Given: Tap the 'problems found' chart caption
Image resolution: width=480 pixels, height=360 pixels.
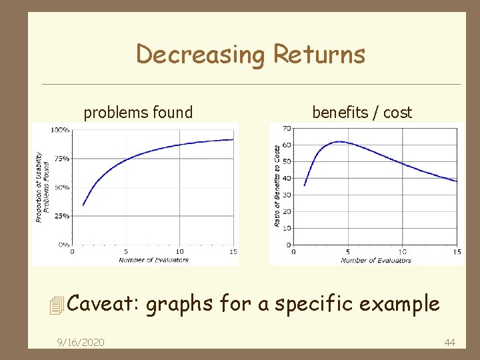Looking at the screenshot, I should tap(138, 113).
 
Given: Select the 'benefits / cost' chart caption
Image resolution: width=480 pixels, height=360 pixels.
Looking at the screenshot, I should tap(362, 113).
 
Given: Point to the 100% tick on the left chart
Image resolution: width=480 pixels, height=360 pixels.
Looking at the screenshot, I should tap(60, 130).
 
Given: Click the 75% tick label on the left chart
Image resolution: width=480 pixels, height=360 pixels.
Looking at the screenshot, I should tap(61, 159).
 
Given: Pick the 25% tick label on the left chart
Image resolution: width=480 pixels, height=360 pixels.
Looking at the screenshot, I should tap(61, 216).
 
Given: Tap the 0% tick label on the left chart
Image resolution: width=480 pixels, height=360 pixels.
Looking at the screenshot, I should tap(63, 245).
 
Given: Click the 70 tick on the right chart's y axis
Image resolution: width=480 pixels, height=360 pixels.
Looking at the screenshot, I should tap(286, 128).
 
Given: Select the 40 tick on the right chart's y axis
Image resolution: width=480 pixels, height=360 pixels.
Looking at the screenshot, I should tap(286, 178).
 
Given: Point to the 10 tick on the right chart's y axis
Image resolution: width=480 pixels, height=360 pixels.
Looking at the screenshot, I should tap(286, 228).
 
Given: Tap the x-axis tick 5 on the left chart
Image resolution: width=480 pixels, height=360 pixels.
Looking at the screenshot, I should tap(126, 252).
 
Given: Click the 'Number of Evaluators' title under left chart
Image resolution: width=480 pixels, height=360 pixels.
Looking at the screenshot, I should tap(154, 260).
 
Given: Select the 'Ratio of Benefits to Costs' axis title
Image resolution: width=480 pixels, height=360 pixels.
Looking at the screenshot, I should tap(277, 186).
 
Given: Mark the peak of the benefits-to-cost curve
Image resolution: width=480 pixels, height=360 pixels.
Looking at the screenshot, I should tap(339, 141).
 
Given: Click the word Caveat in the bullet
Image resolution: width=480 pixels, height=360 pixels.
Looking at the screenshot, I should tap(103, 304).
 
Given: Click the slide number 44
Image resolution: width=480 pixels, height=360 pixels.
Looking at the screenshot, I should tap(449, 342).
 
